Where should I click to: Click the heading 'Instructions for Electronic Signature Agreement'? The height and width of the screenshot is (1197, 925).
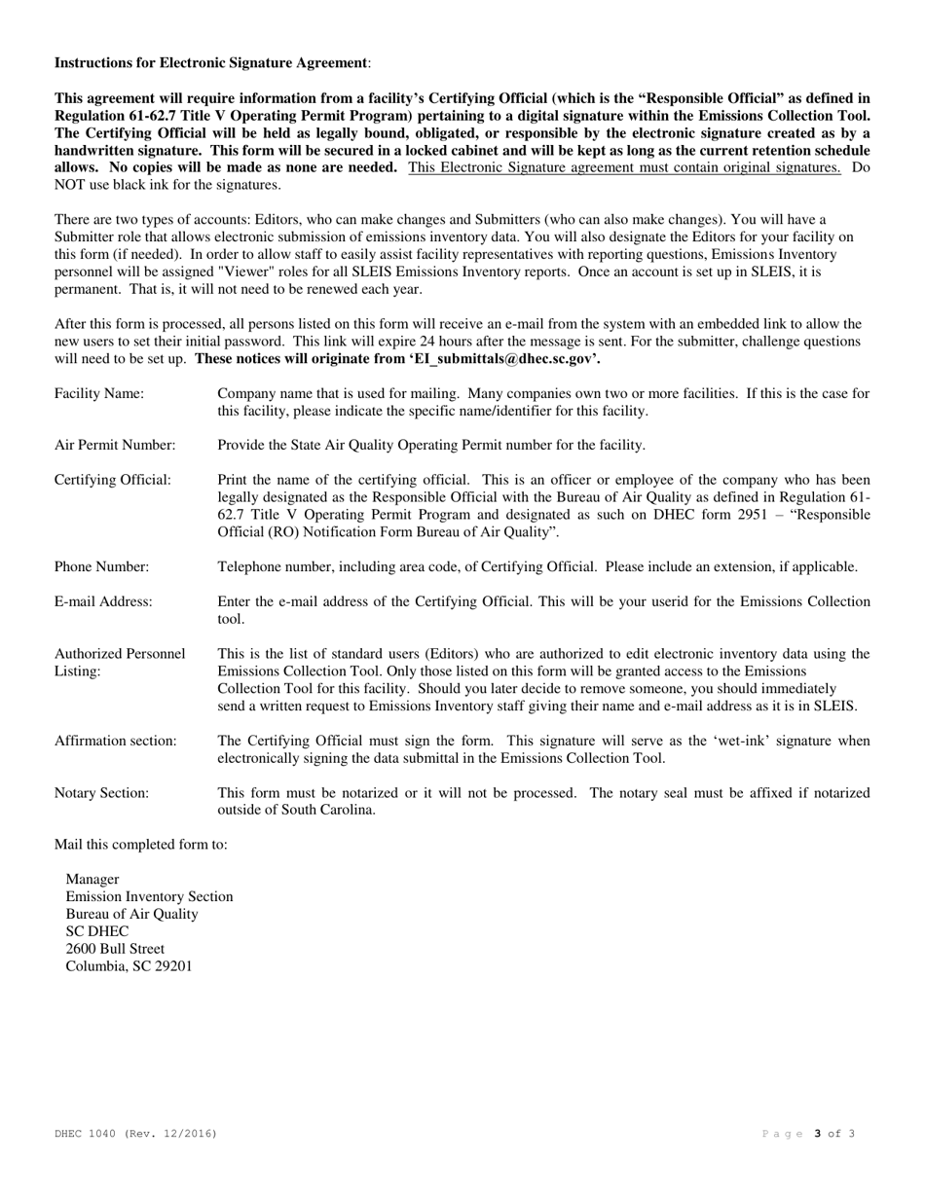point(210,62)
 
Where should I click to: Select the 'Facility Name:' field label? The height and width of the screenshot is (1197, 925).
point(98,393)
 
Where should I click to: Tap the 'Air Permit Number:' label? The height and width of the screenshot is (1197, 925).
point(115,445)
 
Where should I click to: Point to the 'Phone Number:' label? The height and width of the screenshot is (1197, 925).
point(101,566)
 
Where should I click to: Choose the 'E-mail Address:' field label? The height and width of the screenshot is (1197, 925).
point(103,601)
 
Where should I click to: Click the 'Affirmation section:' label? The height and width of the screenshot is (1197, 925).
point(115,741)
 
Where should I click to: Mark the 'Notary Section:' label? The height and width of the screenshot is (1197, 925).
point(101,793)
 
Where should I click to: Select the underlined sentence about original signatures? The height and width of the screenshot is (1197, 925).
point(624,167)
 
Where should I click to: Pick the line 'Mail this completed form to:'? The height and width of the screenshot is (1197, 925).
point(141,844)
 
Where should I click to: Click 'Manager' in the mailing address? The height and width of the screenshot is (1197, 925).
point(92,879)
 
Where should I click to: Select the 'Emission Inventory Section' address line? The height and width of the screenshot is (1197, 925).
point(149,896)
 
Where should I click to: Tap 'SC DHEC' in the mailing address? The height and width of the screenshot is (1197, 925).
point(96,931)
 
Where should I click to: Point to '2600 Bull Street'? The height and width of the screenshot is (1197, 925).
point(115,949)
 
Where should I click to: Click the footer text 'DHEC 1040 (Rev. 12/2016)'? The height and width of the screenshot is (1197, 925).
point(135,1134)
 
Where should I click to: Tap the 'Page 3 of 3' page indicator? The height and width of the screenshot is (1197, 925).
point(807,1134)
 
